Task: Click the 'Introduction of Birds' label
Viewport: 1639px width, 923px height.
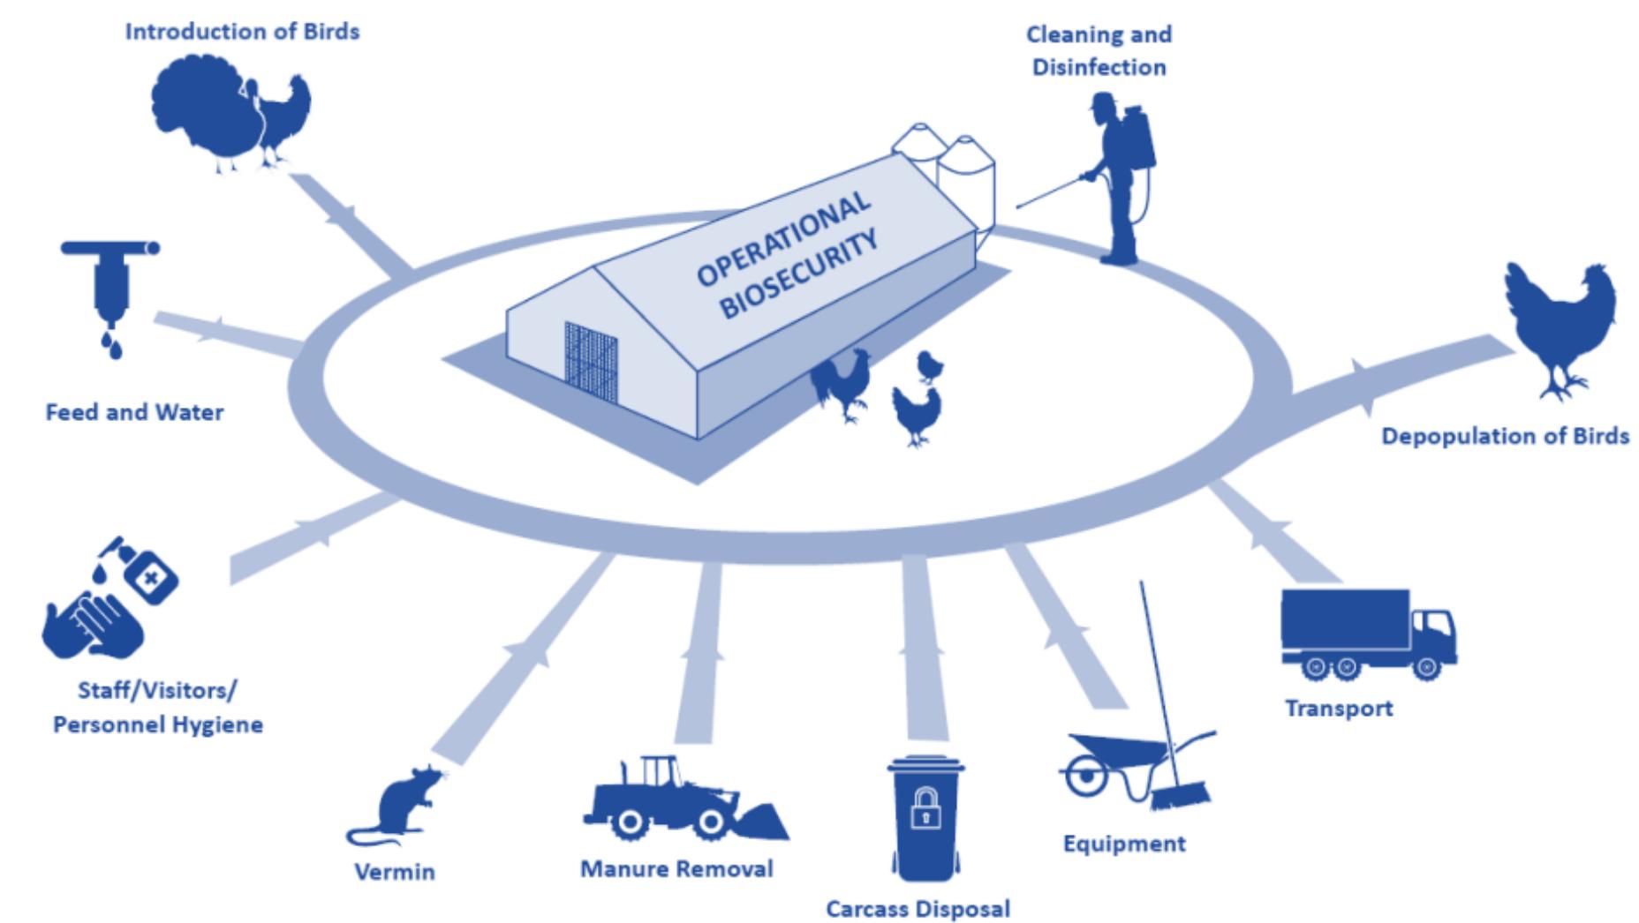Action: point(242,32)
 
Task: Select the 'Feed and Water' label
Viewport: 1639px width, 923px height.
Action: point(134,412)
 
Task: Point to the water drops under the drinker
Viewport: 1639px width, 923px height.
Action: point(111,345)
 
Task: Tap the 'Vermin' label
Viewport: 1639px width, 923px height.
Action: point(394,872)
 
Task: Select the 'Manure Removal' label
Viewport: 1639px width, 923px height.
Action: point(676,869)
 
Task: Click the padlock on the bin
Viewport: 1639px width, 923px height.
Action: point(925,808)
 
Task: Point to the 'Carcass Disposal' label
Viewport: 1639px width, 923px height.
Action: point(918,909)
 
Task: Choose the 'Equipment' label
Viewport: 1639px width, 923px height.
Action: point(1124,844)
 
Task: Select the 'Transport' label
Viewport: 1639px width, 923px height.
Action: point(1339,709)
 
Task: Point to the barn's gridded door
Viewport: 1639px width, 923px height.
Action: point(591,363)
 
